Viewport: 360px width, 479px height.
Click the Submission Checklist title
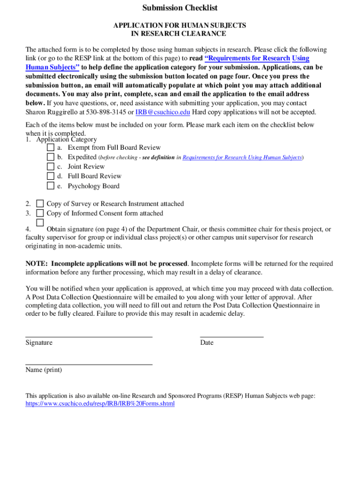coord(180,8)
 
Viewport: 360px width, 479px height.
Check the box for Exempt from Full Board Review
coord(50,147)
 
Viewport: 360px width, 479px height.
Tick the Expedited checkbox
coord(50,157)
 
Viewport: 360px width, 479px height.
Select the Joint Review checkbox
coord(50,167)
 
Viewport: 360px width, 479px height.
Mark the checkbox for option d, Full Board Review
coord(50,176)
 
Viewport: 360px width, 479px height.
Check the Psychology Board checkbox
coord(50,186)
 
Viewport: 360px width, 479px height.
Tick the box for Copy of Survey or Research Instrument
coord(40,203)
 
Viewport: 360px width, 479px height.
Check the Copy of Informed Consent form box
coord(40,213)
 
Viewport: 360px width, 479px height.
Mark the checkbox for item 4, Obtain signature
coord(40,222)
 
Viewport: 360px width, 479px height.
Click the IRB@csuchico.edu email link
coord(162,112)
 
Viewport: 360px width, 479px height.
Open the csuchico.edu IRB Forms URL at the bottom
coord(100,404)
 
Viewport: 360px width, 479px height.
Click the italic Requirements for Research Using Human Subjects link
coord(242,158)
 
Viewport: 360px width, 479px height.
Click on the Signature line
coord(89,336)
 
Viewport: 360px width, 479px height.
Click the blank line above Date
coord(231,336)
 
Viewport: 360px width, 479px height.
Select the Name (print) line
coord(89,363)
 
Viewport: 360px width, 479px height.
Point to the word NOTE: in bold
coord(37,264)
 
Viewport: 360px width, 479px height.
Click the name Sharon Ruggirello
coord(51,112)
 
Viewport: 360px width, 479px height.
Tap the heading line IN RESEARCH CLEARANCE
coord(180,34)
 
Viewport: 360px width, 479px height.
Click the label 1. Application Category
coord(61,139)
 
